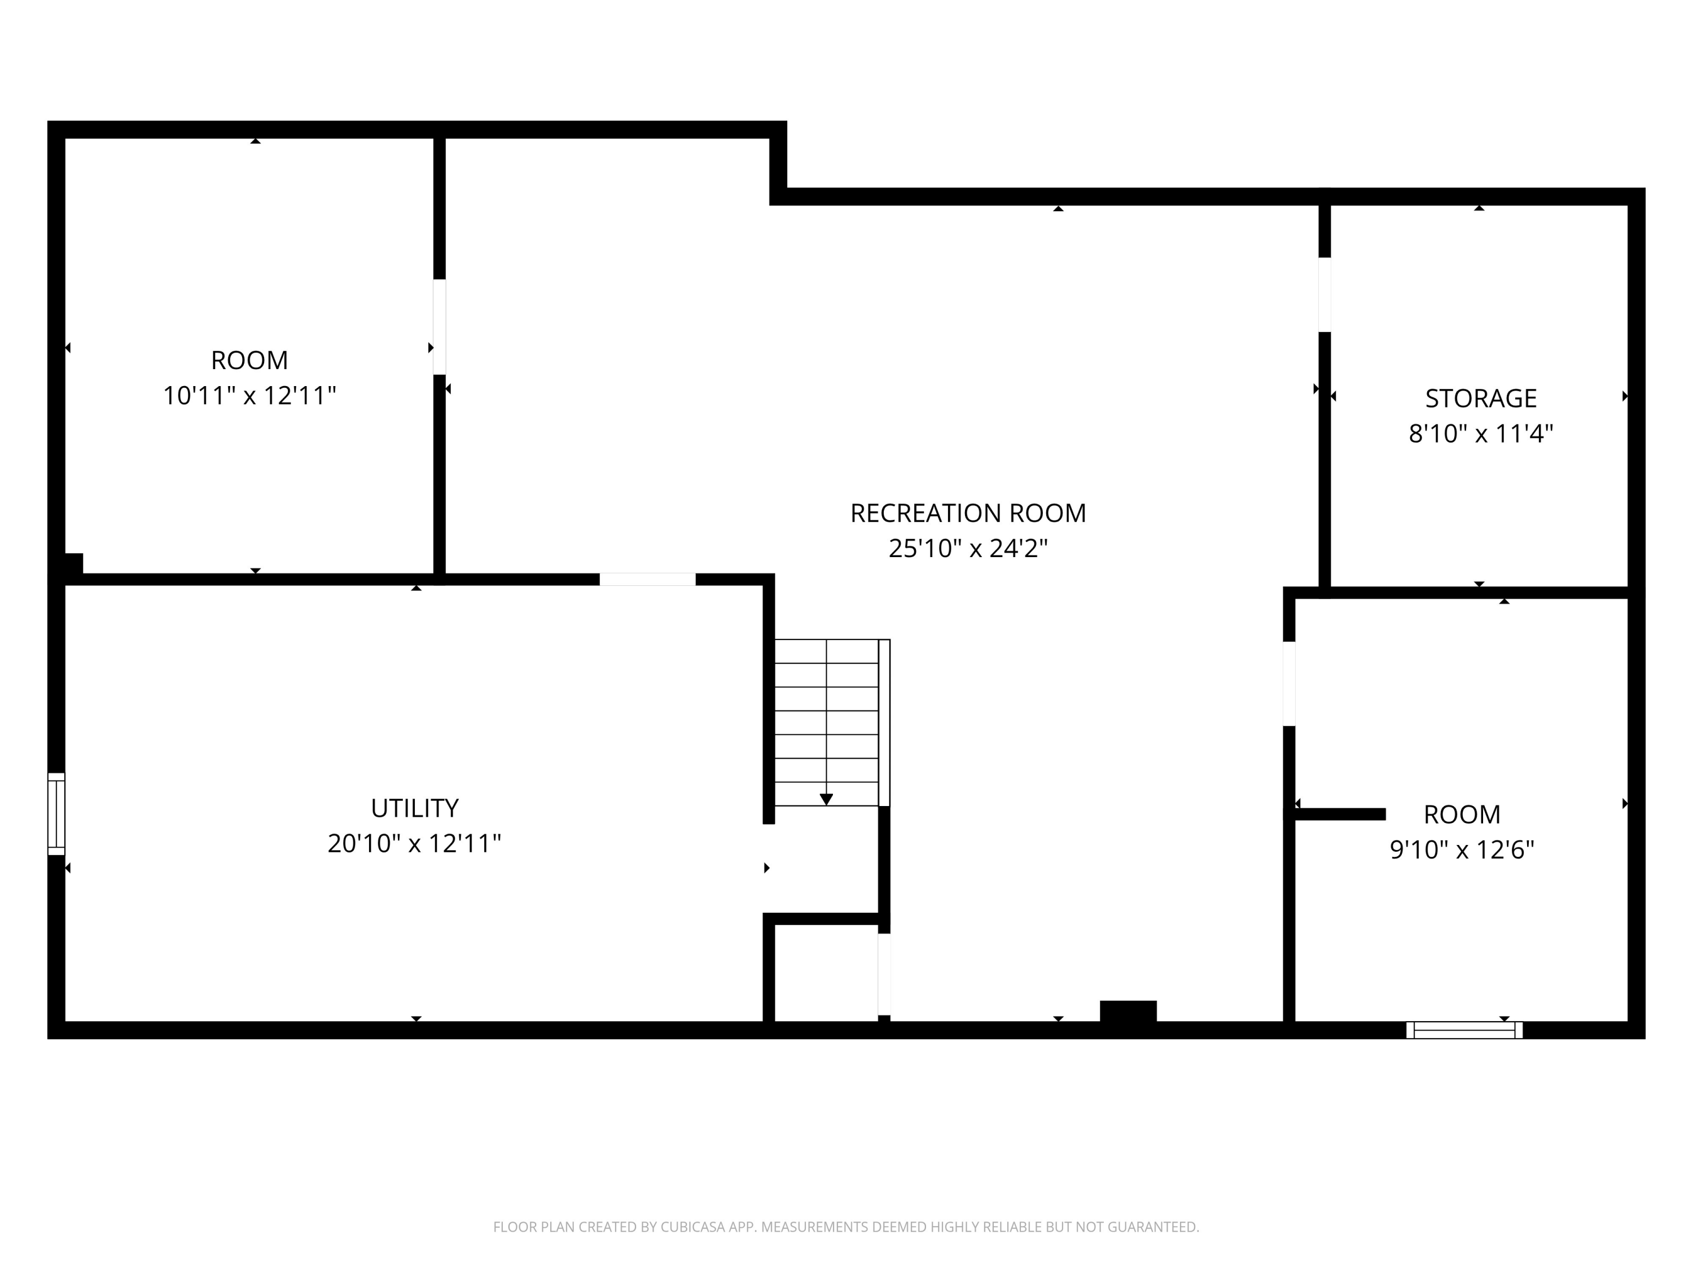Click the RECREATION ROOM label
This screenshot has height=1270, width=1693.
[967, 513]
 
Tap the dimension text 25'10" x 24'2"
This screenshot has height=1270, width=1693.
[967, 548]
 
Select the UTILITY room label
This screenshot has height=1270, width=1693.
[414, 808]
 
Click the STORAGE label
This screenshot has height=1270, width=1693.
[1480, 398]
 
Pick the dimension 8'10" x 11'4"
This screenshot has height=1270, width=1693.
[1480, 434]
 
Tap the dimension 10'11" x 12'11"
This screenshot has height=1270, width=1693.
[249, 396]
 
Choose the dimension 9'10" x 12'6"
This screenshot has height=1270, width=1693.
[1462, 849]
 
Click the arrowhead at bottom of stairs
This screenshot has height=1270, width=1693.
[826, 799]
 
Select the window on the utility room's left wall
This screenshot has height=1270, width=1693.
[56, 814]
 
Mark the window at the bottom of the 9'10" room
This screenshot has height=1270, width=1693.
[1464, 1030]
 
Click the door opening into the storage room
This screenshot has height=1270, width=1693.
[1324, 295]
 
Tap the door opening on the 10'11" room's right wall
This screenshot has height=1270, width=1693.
[439, 327]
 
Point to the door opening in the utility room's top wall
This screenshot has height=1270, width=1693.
[647, 580]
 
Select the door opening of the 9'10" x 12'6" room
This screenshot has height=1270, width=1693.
[1289, 684]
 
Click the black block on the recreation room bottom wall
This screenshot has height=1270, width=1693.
[1128, 1011]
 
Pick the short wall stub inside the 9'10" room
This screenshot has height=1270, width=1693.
[1339, 814]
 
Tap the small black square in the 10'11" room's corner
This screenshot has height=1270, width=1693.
[73, 563]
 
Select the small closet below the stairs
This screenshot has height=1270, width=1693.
[826, 972]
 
